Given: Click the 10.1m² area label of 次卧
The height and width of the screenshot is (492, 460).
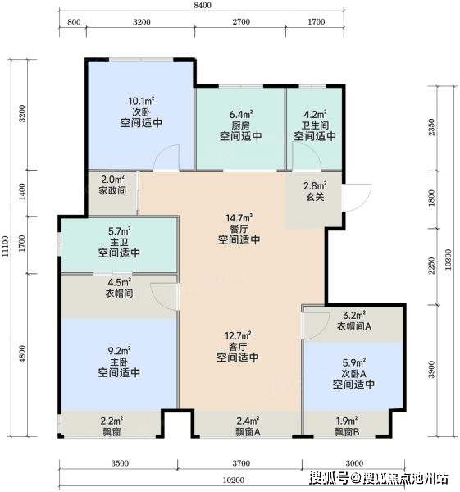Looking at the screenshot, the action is coord(141,101).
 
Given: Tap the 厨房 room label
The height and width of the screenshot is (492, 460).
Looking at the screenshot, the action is coord(241,125).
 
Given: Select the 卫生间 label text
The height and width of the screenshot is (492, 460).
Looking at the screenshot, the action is coord(315,125).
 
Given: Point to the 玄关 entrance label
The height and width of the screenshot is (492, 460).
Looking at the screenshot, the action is coord(315,197).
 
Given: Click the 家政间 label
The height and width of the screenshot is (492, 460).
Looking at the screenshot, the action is coord(112,190).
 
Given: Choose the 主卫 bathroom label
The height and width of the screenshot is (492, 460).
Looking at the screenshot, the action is coord(119,242).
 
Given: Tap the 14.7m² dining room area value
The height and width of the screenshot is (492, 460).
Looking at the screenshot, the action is coord(239,218).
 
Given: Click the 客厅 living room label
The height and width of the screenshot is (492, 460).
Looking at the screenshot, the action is coord(238,347).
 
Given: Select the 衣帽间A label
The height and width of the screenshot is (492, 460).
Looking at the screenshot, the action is coord(354,326).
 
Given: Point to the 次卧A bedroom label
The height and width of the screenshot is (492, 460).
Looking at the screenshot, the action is coord(353,374).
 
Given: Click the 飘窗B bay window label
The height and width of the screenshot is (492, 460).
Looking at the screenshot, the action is coord(347,432).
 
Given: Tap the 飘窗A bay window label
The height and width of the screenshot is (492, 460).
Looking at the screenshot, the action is coord(248,432).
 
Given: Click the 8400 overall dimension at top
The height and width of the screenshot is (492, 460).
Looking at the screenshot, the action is coord(203,6).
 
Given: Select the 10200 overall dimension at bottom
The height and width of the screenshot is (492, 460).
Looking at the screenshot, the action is coord(233,480).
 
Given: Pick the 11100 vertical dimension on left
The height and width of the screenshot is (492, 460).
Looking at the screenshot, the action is coord(6,246).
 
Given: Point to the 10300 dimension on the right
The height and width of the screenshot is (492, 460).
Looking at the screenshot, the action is coord(448,259).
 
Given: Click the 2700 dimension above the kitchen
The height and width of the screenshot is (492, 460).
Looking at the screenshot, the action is coord(241,21).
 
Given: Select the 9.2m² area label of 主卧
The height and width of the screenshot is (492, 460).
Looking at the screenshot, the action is coord(119,350).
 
